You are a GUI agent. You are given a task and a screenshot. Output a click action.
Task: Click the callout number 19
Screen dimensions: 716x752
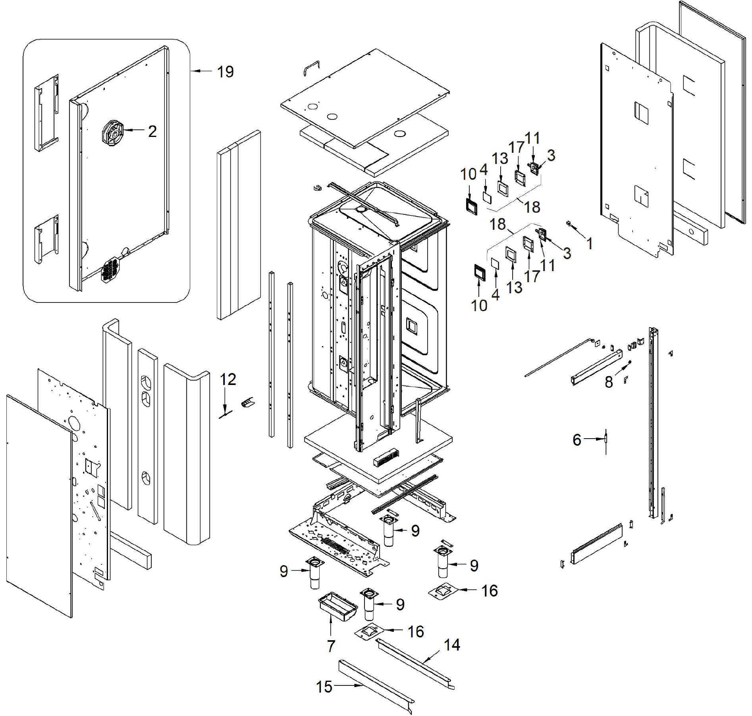click(225, 72)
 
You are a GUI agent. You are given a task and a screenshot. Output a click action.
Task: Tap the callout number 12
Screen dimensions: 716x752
click(228, 379)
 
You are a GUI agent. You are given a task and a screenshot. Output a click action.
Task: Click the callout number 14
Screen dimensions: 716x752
click(452, 645)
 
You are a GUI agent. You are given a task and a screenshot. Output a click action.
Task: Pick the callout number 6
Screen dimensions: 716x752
click(577, 439)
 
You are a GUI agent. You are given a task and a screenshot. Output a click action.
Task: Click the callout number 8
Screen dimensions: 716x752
click(609, 382)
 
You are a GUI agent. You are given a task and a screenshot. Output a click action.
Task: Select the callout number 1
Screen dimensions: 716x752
click(590, 243)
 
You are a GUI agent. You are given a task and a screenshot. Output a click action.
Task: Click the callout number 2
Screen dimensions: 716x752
click(152, 131)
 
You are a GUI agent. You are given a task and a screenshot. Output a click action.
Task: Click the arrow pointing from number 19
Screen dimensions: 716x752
click(202, 71)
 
